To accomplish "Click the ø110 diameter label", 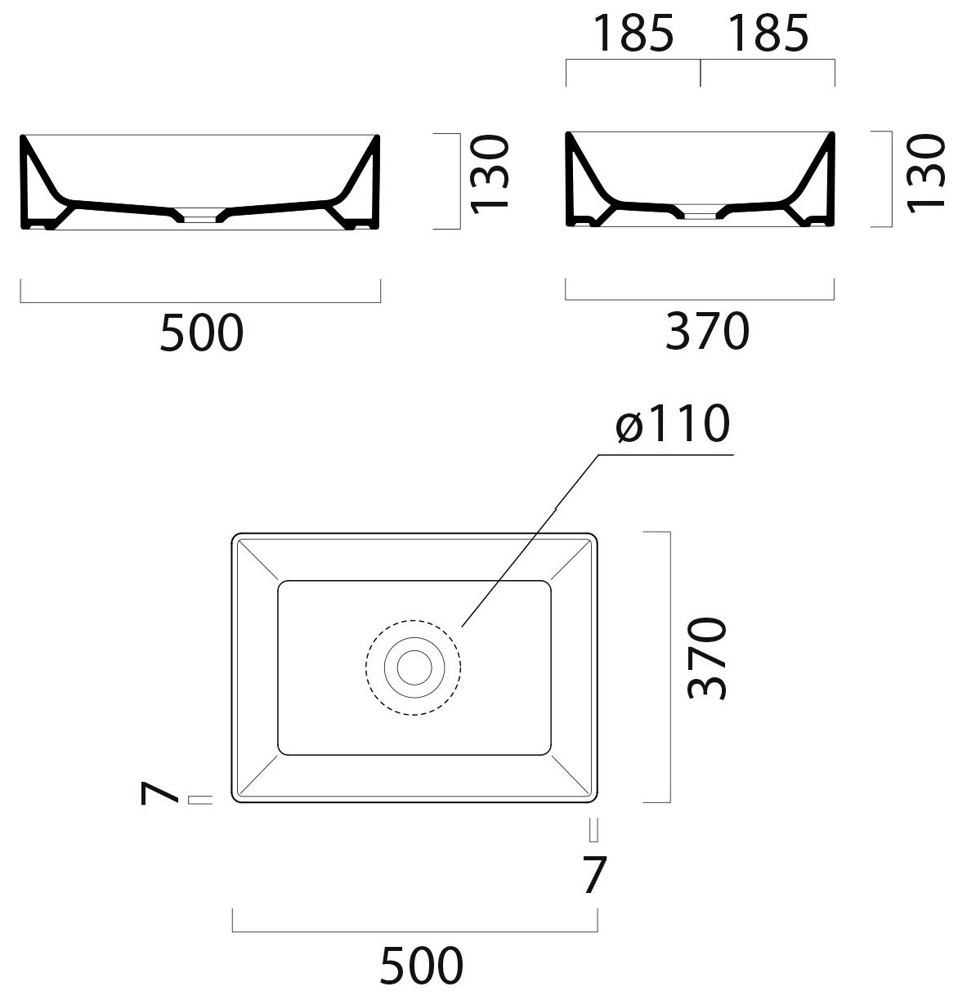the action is (672, 423).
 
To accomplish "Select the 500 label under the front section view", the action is (201, 333).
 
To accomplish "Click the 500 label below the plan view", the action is (421, 965).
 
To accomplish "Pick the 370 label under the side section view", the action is (707, 330).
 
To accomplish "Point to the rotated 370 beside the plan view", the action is (706, 658).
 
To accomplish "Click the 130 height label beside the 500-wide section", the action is (490, 174).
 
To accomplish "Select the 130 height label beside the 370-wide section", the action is (925, 173).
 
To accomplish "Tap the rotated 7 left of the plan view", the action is (159, 793).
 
